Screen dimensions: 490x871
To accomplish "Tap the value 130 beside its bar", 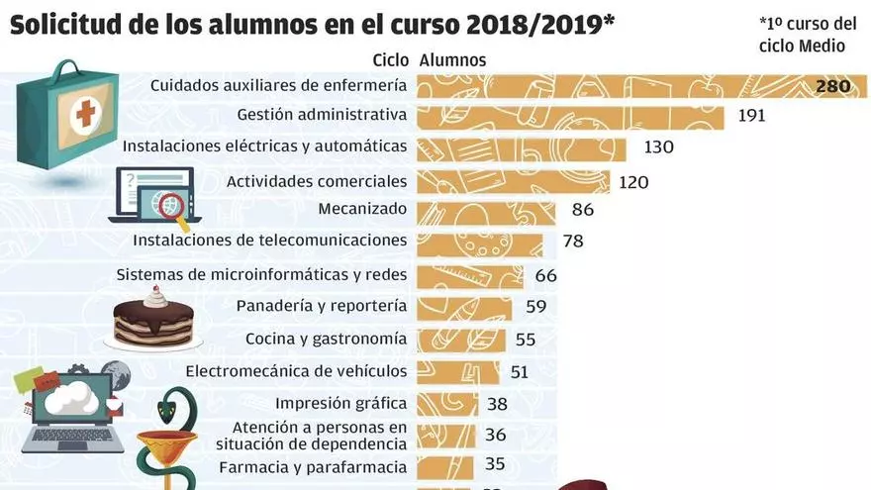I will (x=658, y=147).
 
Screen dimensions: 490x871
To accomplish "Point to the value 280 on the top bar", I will (x=833, y=87).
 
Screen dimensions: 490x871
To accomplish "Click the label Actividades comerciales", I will (x=317, y=181).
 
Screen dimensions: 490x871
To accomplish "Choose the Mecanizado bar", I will (x=486, y=210).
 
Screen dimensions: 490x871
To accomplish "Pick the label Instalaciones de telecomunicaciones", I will (x=270, y=240).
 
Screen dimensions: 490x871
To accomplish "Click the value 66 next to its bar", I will (x=546, y=275).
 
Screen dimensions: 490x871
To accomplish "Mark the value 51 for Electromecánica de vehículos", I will (x=519, y=371).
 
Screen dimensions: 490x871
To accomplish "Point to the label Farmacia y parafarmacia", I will (x=313, y=466).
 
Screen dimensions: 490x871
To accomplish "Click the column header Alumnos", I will (x=453, y=60).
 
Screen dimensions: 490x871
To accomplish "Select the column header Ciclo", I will (x=392, y=60).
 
